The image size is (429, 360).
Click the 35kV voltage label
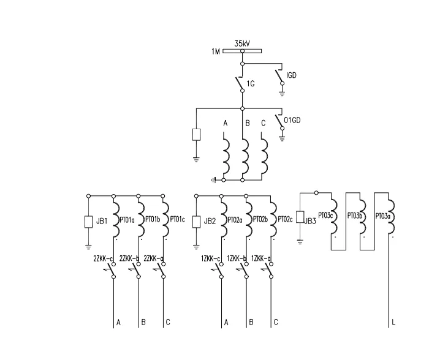(x=241, y=43)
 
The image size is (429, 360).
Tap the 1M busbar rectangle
(x=243, y=51)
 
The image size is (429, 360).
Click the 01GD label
(x=292, y=119)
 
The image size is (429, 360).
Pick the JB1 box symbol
(x=89, y=221)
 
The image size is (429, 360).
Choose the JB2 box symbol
(x=196, y=221)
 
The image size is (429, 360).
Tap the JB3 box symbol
(x=300, y=217)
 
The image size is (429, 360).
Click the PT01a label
(x=127, y=219)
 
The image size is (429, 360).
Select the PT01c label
(x=178, y=219)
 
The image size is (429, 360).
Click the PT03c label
(x=322, y=216)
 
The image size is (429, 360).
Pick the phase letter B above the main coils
(x=247, y=124)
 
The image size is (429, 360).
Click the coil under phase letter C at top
(x=264, y=158)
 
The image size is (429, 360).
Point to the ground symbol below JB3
(x=300, y=240)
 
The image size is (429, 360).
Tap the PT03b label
(x=354, y=216)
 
